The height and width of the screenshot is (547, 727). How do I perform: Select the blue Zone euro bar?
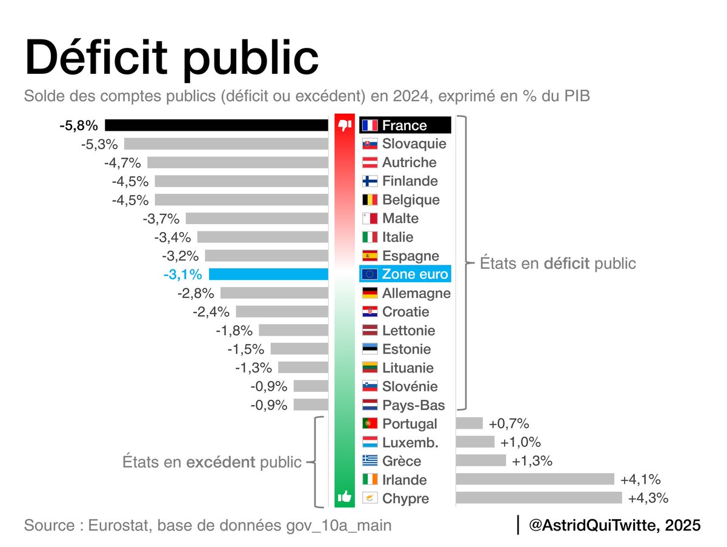[268, 274]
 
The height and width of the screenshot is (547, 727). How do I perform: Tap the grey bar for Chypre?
[539, 498]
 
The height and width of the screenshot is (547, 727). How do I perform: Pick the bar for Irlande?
[535, 479]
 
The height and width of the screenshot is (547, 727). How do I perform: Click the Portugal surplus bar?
[469, 423]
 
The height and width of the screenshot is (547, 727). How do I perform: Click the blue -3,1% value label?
[182, 274]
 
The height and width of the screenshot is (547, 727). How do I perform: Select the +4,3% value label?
[648, 499]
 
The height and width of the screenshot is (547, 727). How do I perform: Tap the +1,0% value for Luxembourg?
[520, 442]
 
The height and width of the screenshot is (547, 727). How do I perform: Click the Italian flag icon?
[370, 237]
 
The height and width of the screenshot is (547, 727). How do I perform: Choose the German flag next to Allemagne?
[370, 293]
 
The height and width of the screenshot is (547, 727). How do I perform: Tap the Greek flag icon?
[370, 461]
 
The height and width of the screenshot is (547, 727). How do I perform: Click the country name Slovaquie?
[414, 144]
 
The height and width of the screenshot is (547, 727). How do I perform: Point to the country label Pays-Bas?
[413, 405]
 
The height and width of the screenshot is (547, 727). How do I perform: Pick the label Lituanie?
[408, 368]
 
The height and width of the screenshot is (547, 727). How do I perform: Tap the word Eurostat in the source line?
[121, 525]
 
